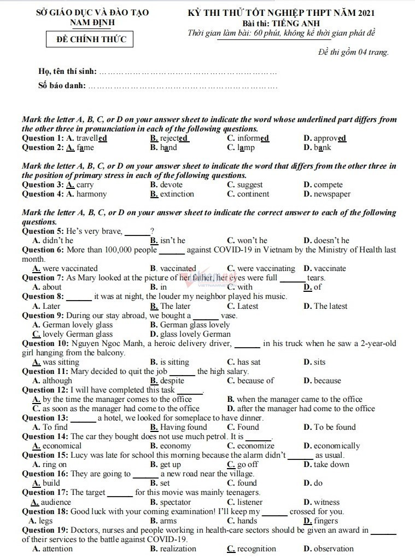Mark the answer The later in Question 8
point(176,306)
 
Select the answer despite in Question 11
point(172,381)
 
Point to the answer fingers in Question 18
point(326,521)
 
